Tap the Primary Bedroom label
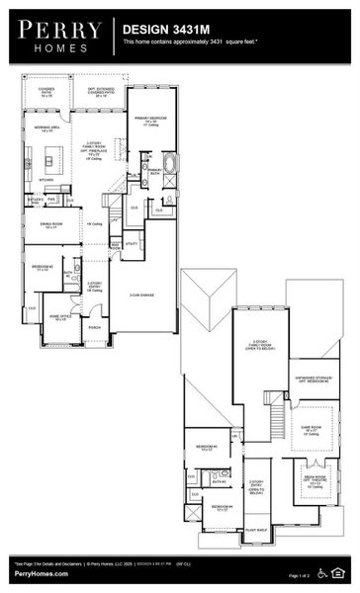coord(151,121)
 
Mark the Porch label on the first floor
coord(94,327)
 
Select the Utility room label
coord(131,243)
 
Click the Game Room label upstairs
coord(315,430)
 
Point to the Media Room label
coord(314,482)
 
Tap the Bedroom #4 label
coord(219,508)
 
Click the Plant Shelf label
coord(255,530)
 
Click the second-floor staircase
coord(275,411)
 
